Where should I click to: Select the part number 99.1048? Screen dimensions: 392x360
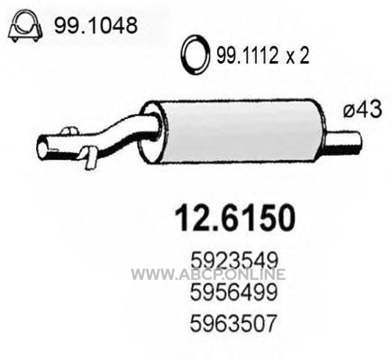[96, 25]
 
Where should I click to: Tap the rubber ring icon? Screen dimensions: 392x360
[195, 55]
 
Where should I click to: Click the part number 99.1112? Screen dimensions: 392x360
[247, 55]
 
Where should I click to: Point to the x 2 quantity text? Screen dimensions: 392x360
[297, 56]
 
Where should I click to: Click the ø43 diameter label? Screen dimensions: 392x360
[363, 109]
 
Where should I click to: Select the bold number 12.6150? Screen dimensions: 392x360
[235, 218]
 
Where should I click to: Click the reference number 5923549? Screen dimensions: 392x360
[233, 261]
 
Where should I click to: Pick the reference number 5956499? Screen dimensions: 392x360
[233, 292]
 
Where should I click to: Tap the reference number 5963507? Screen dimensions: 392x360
[232, 324]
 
